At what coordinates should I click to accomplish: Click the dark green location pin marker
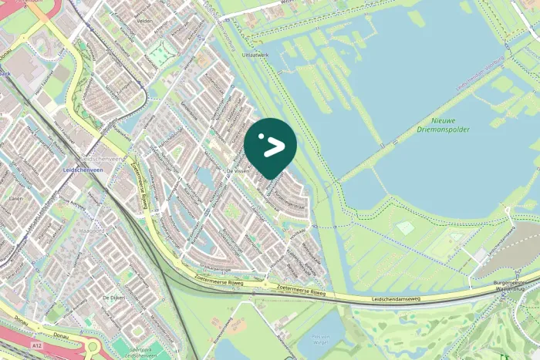coord(270,146)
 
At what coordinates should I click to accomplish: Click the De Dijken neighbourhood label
coord(113,297)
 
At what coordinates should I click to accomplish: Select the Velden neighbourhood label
coord(144,22)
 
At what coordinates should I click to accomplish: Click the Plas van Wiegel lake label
coord(322,339)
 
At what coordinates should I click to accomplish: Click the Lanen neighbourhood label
coord(15,198)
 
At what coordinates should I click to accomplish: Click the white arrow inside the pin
coord(272,144)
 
